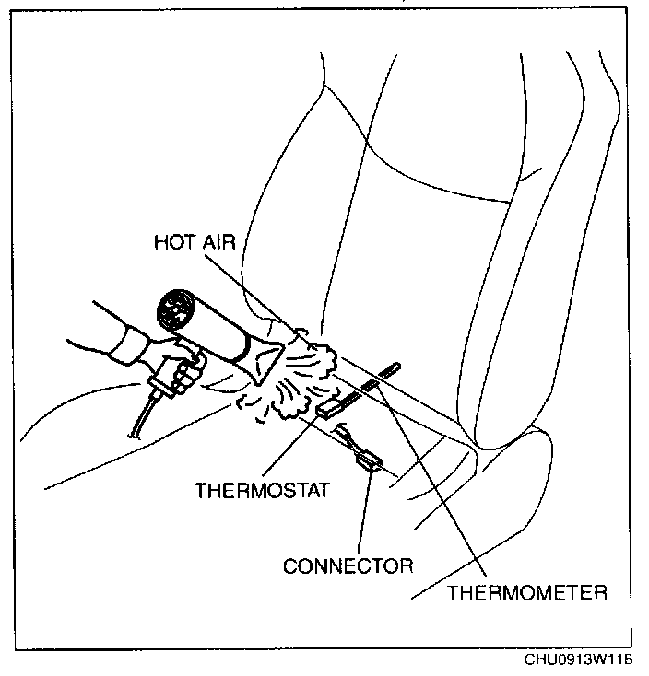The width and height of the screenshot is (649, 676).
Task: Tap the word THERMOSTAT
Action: (x=262, y=489)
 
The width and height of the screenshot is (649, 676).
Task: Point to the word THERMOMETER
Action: (x=527, y=591)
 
